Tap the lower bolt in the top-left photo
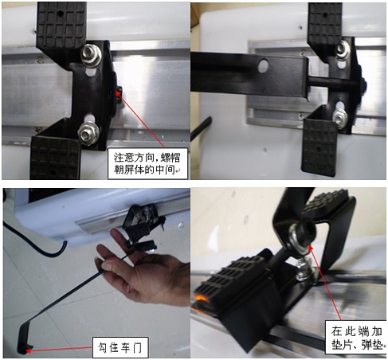(x=87, y=127)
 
